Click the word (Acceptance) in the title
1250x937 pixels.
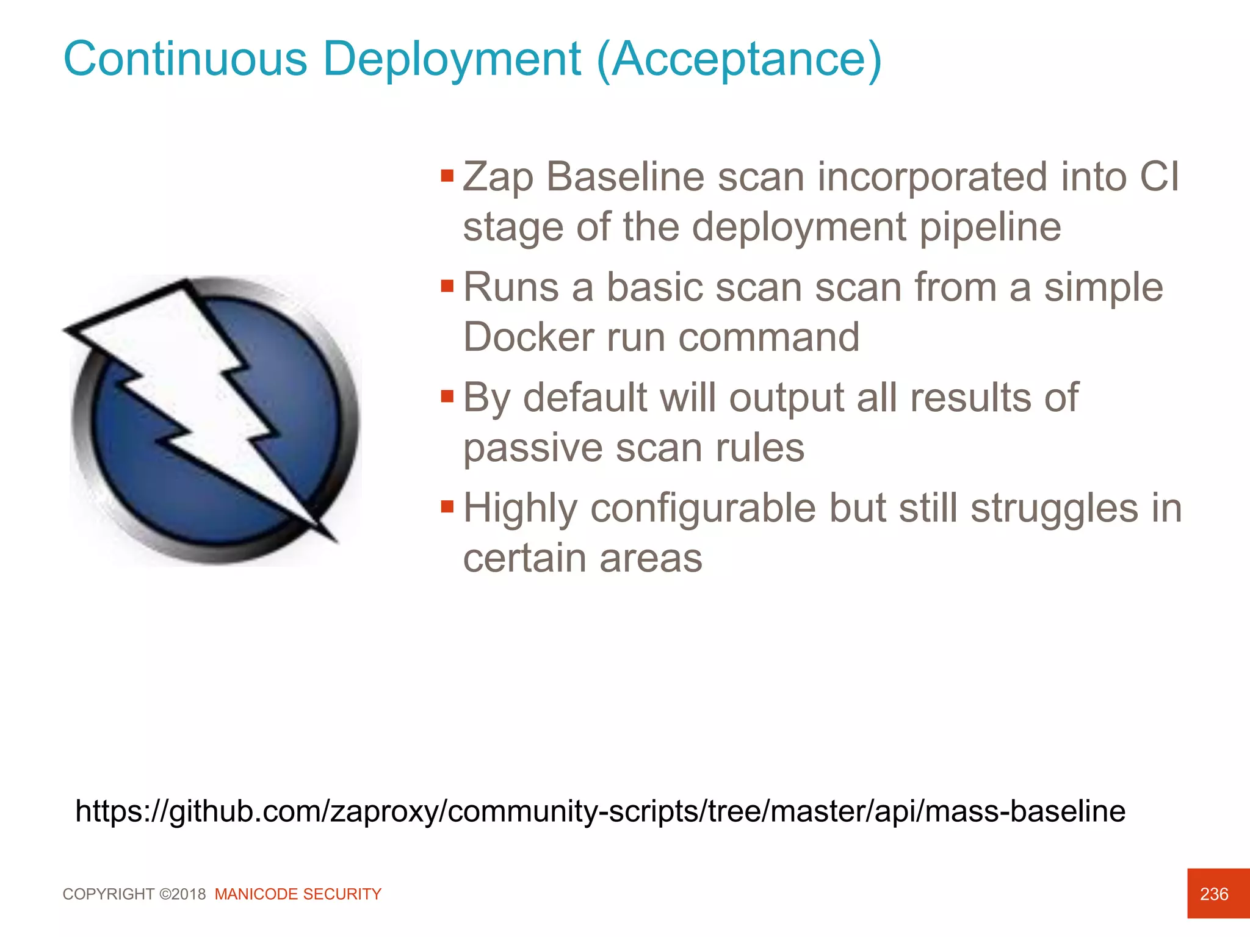click(739, 60)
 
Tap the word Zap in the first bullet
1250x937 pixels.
click(497, 178)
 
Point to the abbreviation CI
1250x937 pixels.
click(1159, 177)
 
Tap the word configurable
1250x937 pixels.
click(703, 509)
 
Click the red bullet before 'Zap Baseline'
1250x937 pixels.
click(447, 176)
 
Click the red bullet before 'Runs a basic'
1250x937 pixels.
click(447, 286)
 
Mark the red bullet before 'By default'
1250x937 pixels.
click(447, 397)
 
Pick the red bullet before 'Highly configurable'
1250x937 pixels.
click(447, 507)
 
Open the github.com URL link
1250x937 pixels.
click(600, 811)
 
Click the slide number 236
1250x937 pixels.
click(1213, 894)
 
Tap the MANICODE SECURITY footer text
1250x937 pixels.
click(298, 894)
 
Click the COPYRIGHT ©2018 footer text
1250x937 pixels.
click(134, 894)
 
